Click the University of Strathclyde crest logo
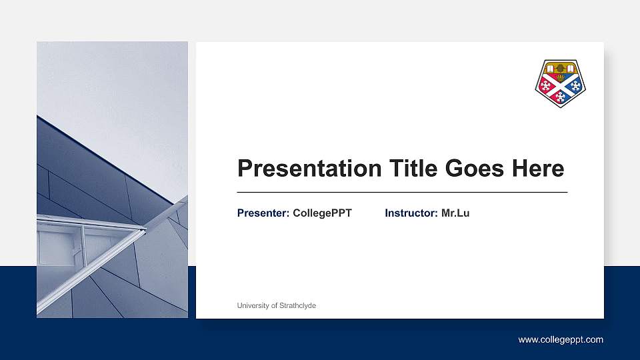point(560,83)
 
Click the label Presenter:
point(263,213)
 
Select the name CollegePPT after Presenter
point(322,213)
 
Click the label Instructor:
point(411,213)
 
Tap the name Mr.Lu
point(455,213)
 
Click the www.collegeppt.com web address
point(561,340)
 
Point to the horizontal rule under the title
point(402,192)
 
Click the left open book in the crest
point(550,68)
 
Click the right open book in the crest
point(570,68)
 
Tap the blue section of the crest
point(574,86)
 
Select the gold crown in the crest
point(560,68)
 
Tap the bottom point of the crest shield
point(560,106)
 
